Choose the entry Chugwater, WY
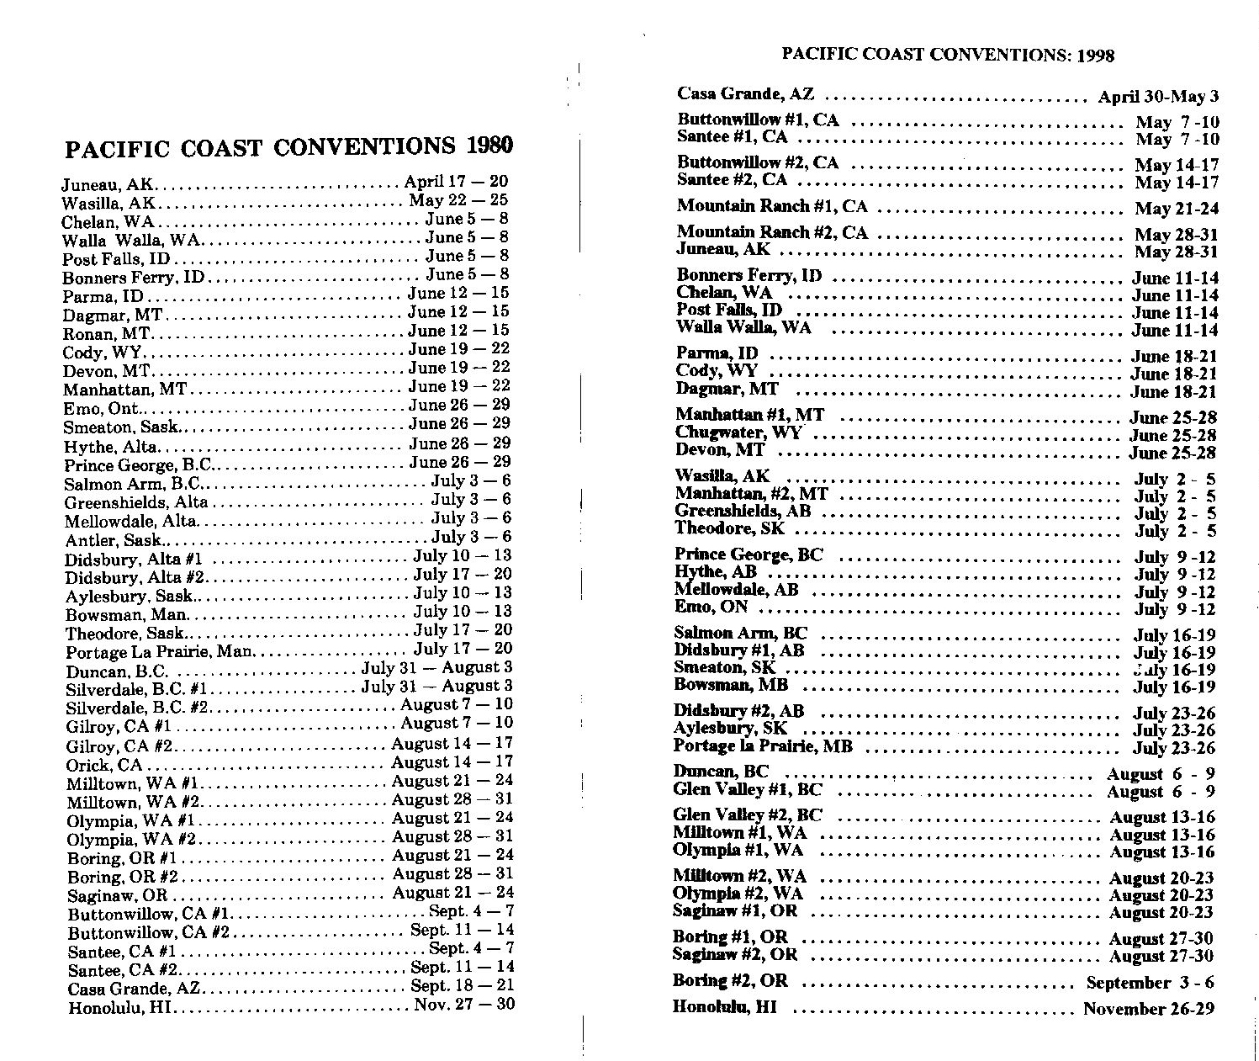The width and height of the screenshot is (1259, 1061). click(738, 433)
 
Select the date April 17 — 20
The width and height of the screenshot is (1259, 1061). click(456, 182)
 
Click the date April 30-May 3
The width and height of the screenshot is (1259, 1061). click(1158, 97)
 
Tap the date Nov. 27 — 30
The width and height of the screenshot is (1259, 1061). click(463, 1005)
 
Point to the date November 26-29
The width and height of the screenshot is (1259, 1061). click(1148, 1009)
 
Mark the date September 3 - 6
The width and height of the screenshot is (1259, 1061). click(1150, 983)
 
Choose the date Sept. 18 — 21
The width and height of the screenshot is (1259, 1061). click(462, 985)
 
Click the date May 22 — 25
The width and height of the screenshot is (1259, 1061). click(458, 200)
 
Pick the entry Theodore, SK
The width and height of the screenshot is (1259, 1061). click(729, 529)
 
